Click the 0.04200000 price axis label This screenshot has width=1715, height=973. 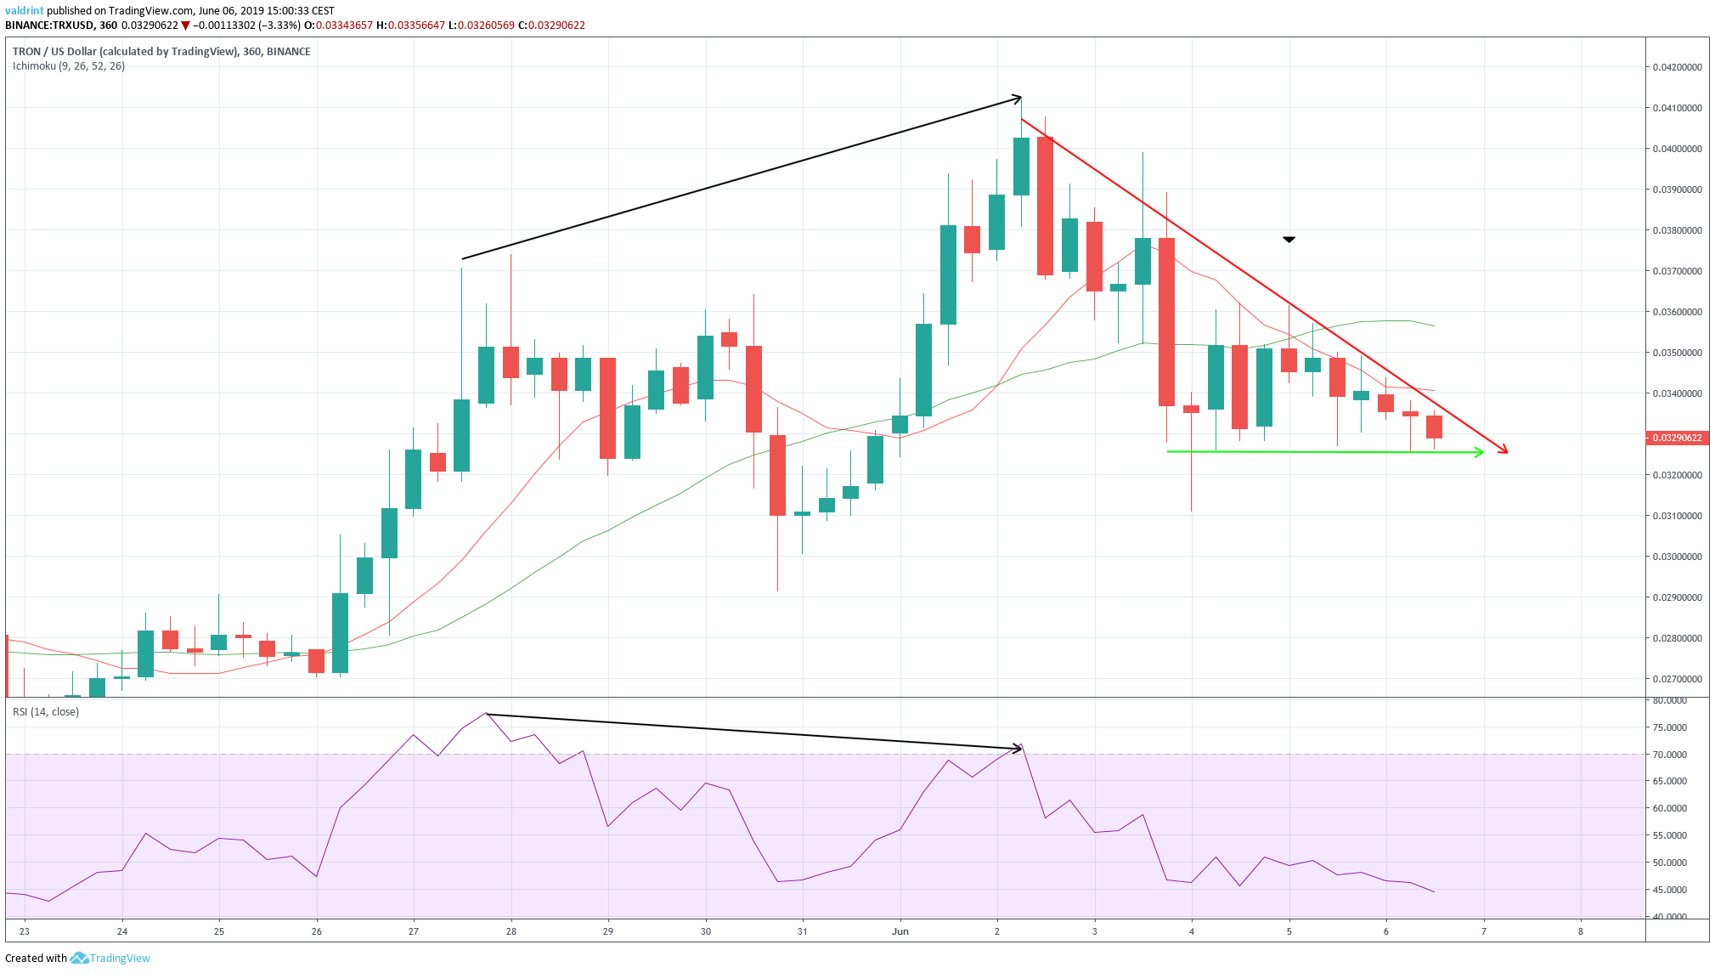[x=1676, y=67]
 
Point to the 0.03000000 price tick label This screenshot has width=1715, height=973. [x=1676, y=557]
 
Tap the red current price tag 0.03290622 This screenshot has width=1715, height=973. [x=1675, y=438]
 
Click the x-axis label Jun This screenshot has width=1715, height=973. [x=900, y=931]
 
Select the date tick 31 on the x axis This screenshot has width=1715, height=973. [x=803, y=931]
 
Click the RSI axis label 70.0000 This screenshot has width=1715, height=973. [x=1669, y=755]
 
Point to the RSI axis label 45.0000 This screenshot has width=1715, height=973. [x=1669, y=890]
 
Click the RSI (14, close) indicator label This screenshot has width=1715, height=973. [x=46, y=712]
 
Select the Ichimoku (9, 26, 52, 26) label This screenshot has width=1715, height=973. [x=69, y=66]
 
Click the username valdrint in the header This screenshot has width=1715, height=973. [x=24, y=11]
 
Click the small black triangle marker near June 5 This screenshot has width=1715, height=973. [x=1289, y=240]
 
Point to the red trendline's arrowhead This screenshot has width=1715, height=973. [x=1504, y=450]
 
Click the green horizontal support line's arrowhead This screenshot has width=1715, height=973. [x=1480, y=452]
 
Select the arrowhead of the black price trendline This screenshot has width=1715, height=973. [x=1018, y=99]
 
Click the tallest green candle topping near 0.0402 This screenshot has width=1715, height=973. [x=1021, y=166]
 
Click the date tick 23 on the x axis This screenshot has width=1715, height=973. [x=25, y=931]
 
